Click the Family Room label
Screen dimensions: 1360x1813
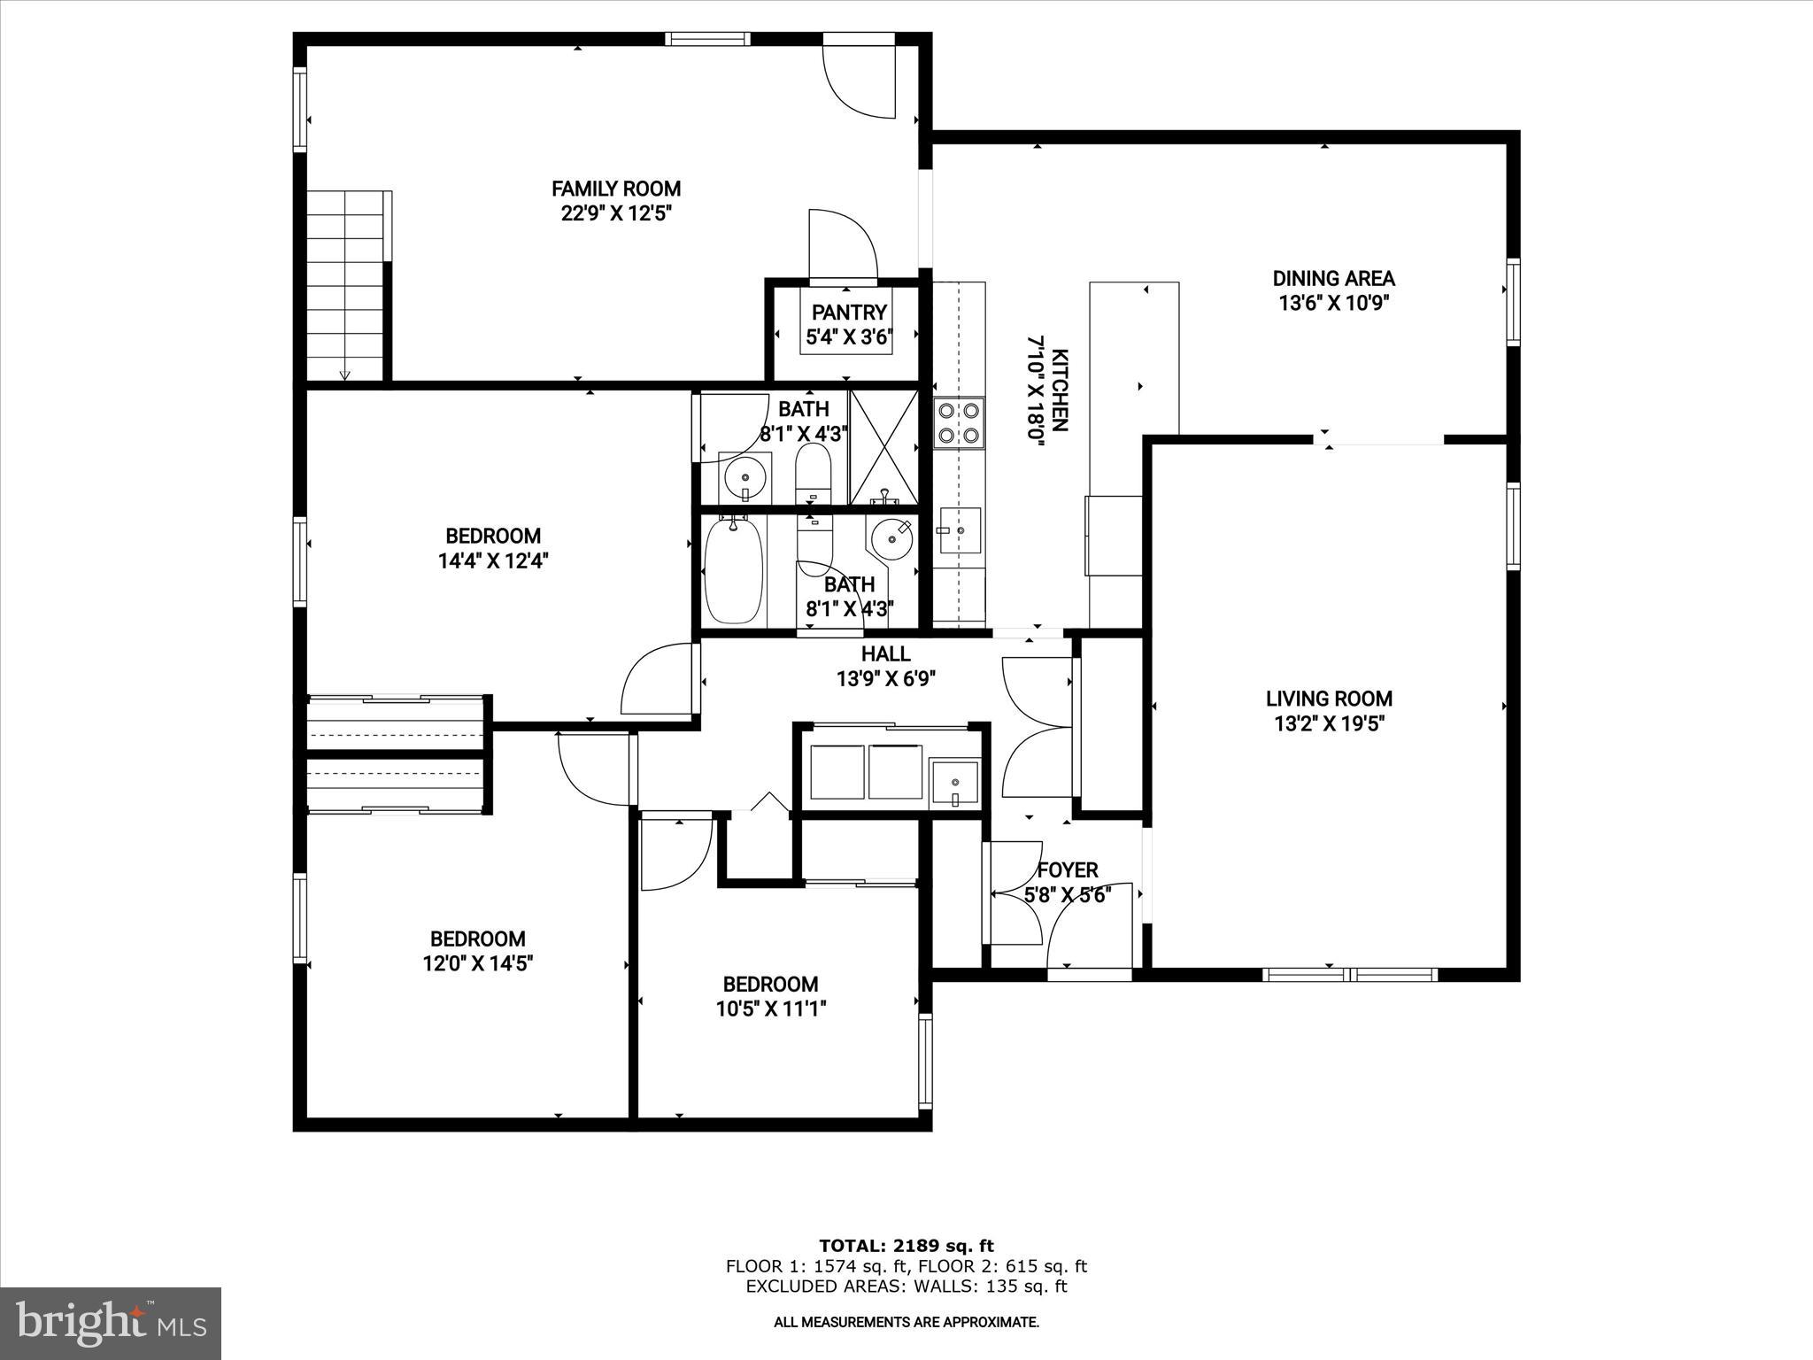[616, 189]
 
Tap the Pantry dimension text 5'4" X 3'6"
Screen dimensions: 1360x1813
[848, 337]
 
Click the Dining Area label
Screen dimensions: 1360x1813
[1333, 278]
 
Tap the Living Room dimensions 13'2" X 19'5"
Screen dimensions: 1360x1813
[1329, 723]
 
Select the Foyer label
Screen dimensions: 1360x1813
[1068, 870]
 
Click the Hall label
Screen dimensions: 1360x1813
[885, 653]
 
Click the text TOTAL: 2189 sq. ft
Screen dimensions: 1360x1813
[906, 1246]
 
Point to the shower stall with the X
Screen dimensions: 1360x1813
[883, 447]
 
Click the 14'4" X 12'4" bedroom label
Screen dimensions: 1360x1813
[493, 536]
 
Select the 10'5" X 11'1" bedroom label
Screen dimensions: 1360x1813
[770, 984]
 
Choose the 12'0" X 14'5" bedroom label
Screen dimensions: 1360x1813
[477, 939]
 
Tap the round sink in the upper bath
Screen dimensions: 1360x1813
[744, 479]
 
